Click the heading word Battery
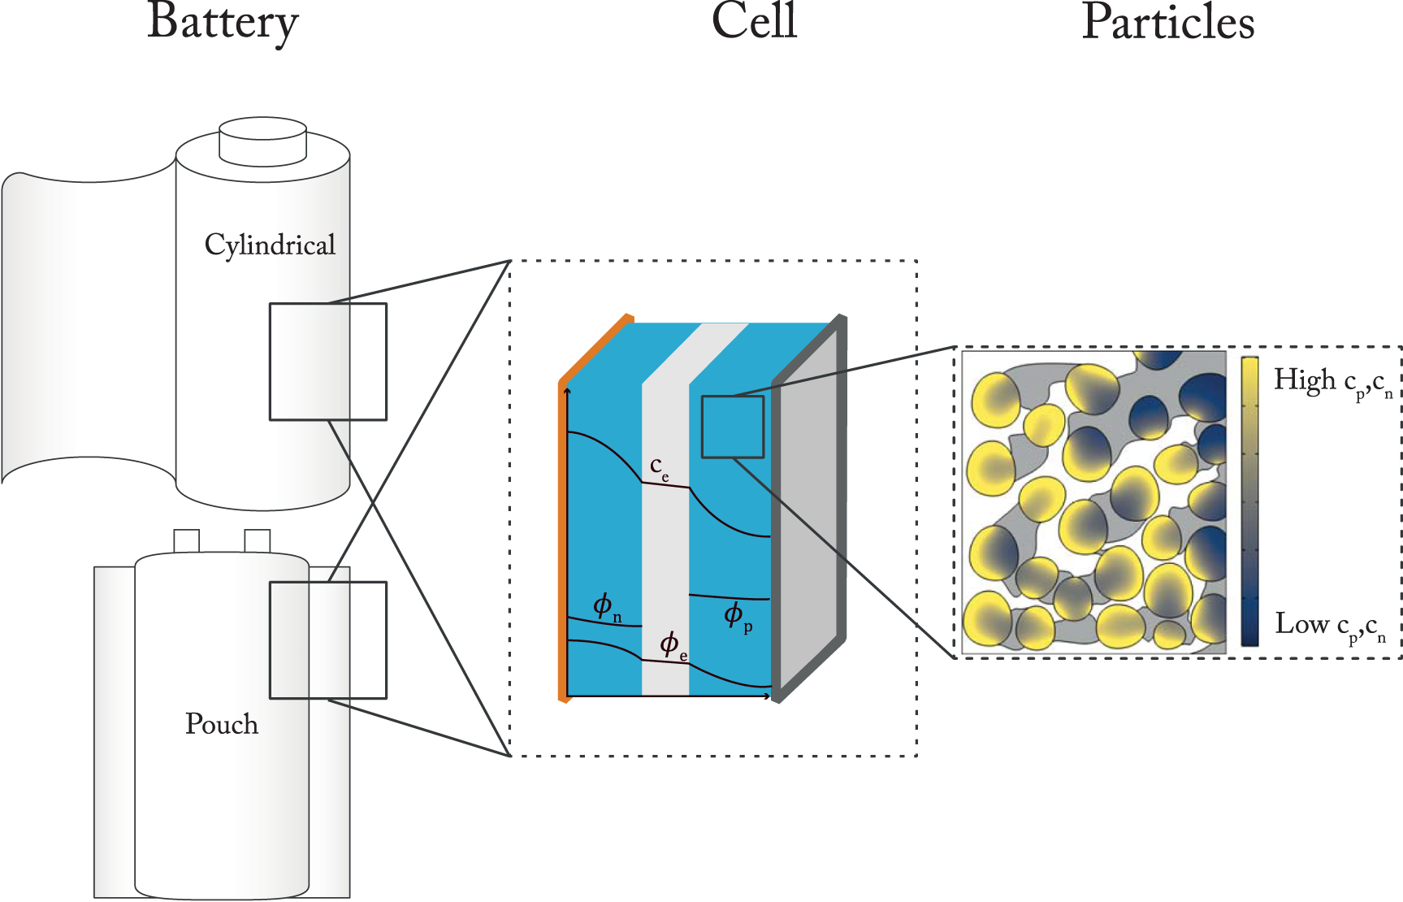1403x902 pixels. tap(223, 22)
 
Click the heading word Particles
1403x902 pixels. tap(1167, 22)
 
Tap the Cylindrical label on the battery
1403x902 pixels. tap(270, 245)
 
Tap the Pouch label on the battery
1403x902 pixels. tap(222, 724)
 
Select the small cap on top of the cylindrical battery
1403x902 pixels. tap(262, 141)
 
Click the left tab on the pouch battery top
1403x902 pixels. tap(187, 541)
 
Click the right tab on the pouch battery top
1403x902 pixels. tap(258, 541)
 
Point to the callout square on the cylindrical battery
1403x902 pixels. tap(328, 362)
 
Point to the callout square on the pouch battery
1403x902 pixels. tap(328, 640)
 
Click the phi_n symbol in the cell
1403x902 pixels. tap(606, 606)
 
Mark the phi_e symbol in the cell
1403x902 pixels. tap(673, 645)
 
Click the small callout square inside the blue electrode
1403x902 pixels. tap(733, 427)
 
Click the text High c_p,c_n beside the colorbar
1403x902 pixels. tap(1332, 382)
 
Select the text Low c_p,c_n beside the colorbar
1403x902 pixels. tap(1330, 626)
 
